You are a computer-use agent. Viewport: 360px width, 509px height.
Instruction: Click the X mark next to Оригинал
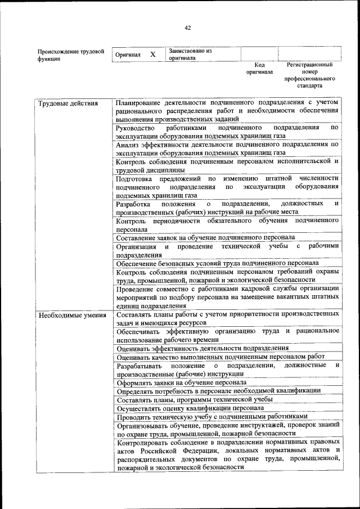pyautogui.click(x=152, y=55)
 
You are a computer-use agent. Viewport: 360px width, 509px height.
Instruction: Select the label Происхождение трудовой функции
pyautogui.click(x=70, y=55)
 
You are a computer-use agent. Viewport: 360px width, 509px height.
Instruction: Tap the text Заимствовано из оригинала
pyautogui.click(x=189, y=54)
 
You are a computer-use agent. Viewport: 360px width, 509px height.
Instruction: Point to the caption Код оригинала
pyautogui.click(x=259, y=68)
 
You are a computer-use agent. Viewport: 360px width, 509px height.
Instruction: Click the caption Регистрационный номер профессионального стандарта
pyautogui.click(x=310, y=75)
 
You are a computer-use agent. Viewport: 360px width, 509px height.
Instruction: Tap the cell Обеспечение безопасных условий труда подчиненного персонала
pyautogui.click(x=217, y=263)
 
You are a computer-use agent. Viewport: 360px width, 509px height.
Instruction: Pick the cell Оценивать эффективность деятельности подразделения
pyautogui.click(x=202, y=348)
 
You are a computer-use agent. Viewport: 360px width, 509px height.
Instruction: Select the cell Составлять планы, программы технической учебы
pyautogui.click(x=194, y=399)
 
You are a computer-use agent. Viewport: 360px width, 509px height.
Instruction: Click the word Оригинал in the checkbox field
pyautogui.click(x=127, y=55)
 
